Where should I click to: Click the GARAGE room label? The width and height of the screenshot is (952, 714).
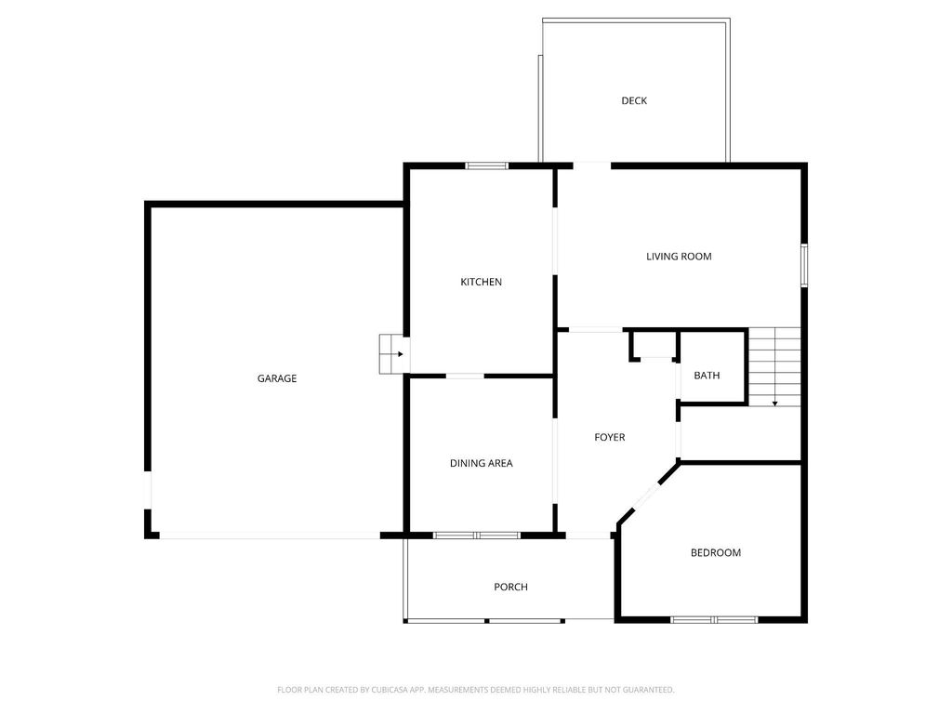(277, 378)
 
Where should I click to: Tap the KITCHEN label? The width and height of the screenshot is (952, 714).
(482, 282)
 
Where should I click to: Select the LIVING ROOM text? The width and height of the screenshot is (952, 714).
(679, 256)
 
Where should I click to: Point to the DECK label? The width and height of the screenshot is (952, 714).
(634, 100)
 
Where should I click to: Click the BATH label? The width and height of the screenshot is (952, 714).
(707, 376)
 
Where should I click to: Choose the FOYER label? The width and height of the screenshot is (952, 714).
(610, 437)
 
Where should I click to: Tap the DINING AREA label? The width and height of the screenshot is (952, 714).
(481, 463)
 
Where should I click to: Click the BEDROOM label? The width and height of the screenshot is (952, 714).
(715, 552)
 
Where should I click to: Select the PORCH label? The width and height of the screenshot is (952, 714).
(510, 587)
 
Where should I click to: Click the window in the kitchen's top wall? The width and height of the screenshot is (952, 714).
(486, 165)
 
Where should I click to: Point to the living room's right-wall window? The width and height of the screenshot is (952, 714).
(804, 265)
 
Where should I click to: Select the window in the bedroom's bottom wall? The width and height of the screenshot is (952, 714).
(714, 619)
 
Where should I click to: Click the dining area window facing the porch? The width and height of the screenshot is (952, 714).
(476, 535)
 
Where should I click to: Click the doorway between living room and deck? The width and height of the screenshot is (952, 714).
(591, 165)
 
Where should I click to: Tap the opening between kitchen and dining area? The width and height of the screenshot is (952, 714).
(465, 376)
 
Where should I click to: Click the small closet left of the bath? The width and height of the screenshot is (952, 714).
(654, 344)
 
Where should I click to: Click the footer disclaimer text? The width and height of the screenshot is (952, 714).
(475, 690)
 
